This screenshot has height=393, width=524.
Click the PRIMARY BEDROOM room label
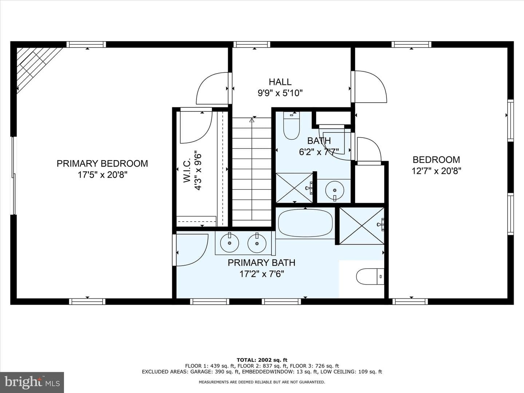[102, 163]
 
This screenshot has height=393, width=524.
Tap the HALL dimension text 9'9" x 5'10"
[280, 93]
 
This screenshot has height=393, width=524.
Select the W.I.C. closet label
[187, 170]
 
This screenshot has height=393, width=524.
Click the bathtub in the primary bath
[305, 223]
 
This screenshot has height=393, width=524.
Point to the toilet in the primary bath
[370, 277]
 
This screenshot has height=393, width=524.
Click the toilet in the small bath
[291, 126]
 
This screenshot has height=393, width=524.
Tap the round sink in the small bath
[335, 190]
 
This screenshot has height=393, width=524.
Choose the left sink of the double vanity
[229, 242]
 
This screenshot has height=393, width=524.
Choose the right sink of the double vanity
[257, 242]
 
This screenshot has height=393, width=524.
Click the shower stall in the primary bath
[362, 226]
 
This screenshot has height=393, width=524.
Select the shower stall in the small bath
[294, 188]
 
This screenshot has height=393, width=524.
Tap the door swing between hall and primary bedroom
[212, 88]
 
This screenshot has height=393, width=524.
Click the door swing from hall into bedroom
[370, 87]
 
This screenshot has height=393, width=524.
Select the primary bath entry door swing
[192, 250]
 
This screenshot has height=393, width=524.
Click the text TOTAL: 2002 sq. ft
[262, 360]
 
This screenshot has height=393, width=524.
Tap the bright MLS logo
[32, 382]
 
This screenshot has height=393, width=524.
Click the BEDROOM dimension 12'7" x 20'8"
[436, 171]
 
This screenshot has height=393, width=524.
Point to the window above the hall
[252, 44]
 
